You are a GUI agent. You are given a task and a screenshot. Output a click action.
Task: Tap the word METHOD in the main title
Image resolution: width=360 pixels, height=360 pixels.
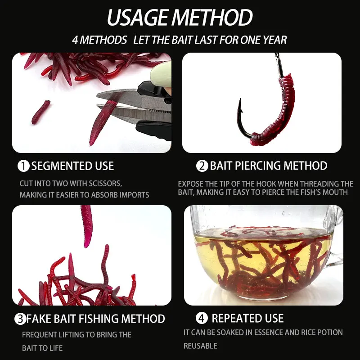pyautogui.click(x=212, y=18)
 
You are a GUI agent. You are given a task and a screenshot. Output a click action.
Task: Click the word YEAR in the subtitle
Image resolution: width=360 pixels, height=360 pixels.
pyautogui.click(x=275, y=40)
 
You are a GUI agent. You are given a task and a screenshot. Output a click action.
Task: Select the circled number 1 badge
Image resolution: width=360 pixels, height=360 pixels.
pyautogui.click(x=23, y=166)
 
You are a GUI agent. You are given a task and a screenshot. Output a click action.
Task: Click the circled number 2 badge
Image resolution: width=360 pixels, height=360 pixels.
pyautogui.click(x=202, y=166)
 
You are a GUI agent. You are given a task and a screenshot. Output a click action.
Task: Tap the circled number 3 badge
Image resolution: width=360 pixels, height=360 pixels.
pyautogui.click(x=20, y=319)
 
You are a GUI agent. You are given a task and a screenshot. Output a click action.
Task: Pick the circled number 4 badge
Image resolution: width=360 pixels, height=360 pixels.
pyautogui.click(x=202, y=318)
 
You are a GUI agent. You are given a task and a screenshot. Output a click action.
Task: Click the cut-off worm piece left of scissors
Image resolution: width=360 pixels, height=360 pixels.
pyautogui.click(x=41, y=112)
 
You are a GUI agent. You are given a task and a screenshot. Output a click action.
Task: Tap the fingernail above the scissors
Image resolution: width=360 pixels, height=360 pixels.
pyautogui.click(x=162, y=71)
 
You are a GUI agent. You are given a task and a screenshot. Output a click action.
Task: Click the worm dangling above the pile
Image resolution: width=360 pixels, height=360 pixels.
pyautogui.click(x=87, y=226)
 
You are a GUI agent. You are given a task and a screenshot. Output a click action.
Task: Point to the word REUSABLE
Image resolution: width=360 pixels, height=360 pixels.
pyautogui.click(x=200, y=346)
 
